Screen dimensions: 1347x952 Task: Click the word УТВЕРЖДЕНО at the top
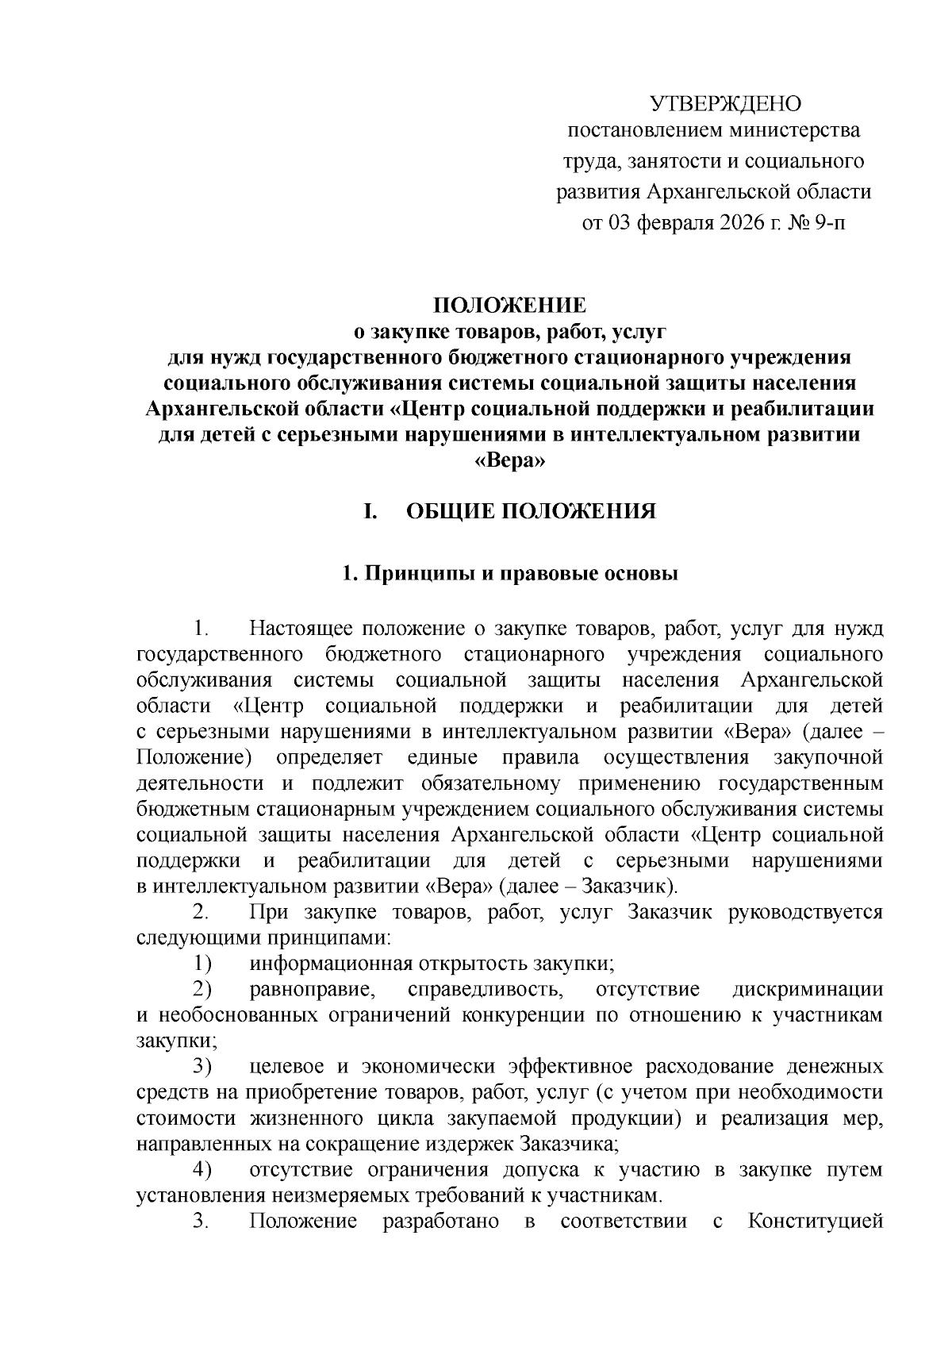[725, 104]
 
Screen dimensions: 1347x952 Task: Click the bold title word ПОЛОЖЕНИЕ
[509, 306]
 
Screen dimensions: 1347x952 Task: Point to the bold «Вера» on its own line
[509, 461]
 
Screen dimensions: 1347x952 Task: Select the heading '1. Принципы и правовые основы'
[509, 574]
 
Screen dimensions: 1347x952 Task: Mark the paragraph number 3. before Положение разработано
[200, 1221]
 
